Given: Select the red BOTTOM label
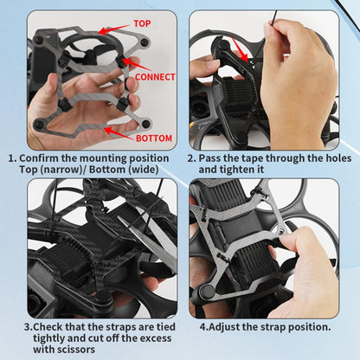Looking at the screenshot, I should pyautogui.click(x=153, y=138).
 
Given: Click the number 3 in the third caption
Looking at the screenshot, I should pyautogui.click(x=28, y=326).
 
